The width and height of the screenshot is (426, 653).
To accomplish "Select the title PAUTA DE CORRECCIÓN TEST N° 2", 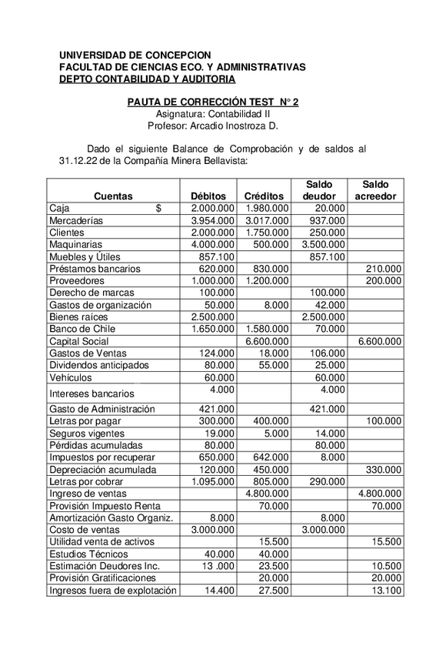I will click(213, 102).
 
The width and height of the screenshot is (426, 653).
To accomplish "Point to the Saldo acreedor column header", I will click(376, 190).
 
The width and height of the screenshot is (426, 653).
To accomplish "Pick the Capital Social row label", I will click(79, 341).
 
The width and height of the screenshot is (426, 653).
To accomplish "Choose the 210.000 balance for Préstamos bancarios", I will click(383, 269).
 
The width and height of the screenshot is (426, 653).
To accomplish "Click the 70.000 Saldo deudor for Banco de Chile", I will click(330, 330).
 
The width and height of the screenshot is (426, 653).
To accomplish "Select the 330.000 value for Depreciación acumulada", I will click(383, 469).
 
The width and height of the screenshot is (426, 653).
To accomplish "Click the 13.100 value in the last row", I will click(386, 591).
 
